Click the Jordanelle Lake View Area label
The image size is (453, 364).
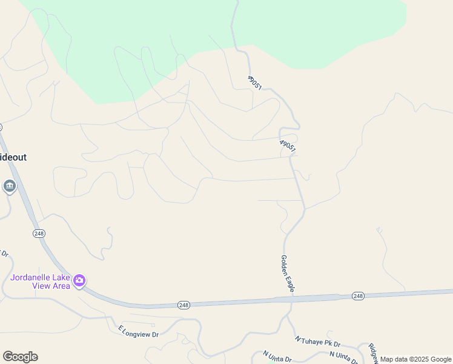pyautogui.click(x=41, y=281)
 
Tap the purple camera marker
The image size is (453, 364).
pyautogui.click(x=79, y=281)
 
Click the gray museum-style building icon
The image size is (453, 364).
pyautogui.click(x=10, y=186)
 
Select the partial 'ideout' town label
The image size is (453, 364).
pyautogui.click(x=13, y=157)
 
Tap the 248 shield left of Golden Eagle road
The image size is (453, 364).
pyautogui.click(x=184, y=305)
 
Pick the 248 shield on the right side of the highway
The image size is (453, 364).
pyautogui.click(x=357, y=296)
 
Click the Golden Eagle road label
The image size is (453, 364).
pyautogui.click(x=287, y=274)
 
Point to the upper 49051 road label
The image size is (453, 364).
pyautogui.click(x=254, y=83)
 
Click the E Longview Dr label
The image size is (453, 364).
pyautogui.click(x=138, y=331)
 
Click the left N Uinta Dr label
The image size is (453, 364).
pyautogui.click(x=277, y=356)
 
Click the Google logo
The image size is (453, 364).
pyautogui.click(x=20, y=357)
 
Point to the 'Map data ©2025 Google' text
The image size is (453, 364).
pyautogui.click(x=416, y=359)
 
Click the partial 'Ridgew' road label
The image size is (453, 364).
pyautogui.click(x=373, y=352)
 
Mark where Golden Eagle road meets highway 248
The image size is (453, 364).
pyautogui.click(x=288, y=299)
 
